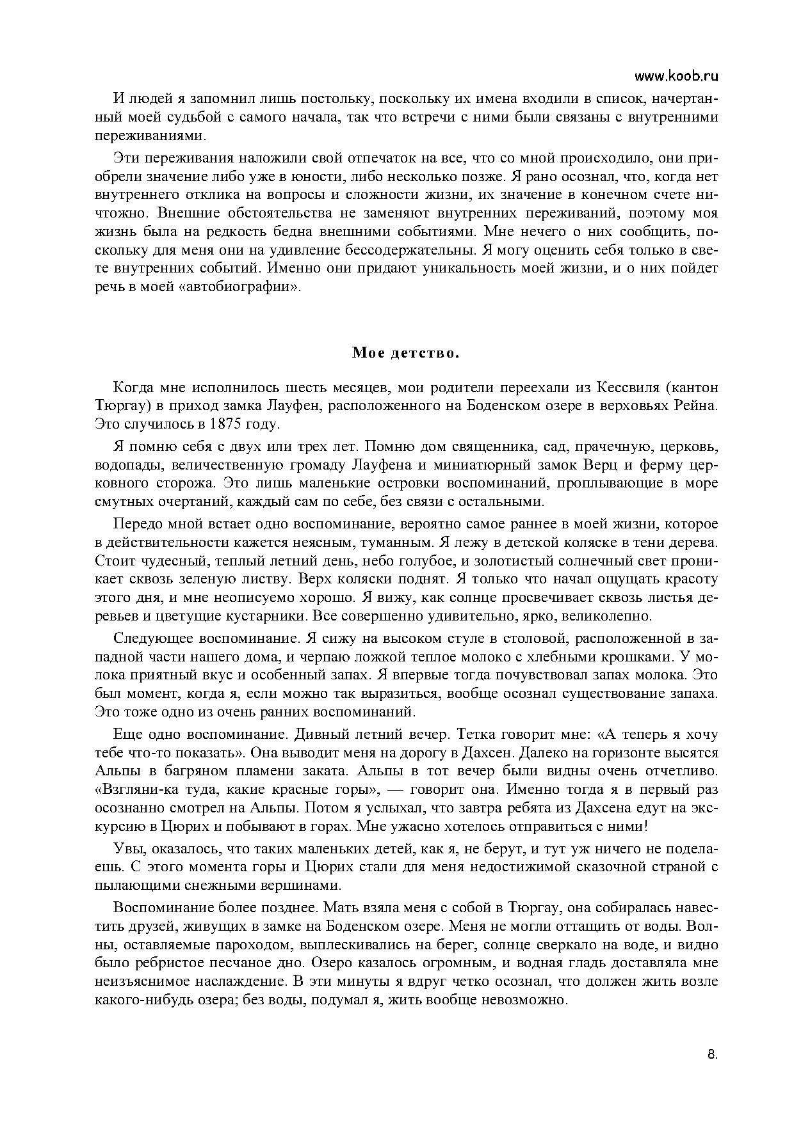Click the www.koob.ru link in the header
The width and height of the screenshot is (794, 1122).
pyautogui.click(x=676, y=76)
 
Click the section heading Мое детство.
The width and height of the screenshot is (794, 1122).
pyautogui.click(x=405, y=353)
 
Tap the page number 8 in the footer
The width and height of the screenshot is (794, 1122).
pyautogui.click(x=712, y=1055)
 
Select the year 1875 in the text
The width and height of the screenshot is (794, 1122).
pyautogui.click(x=222, y=424)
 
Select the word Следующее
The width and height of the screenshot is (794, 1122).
pyautogui.click(x=154, y=638)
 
